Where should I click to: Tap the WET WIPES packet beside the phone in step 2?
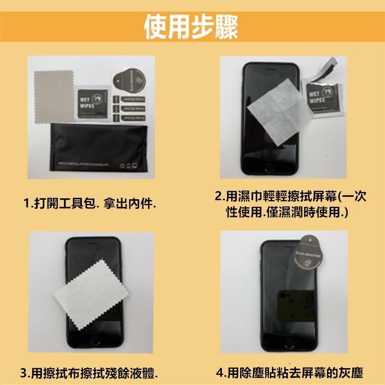tap(320, 99)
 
